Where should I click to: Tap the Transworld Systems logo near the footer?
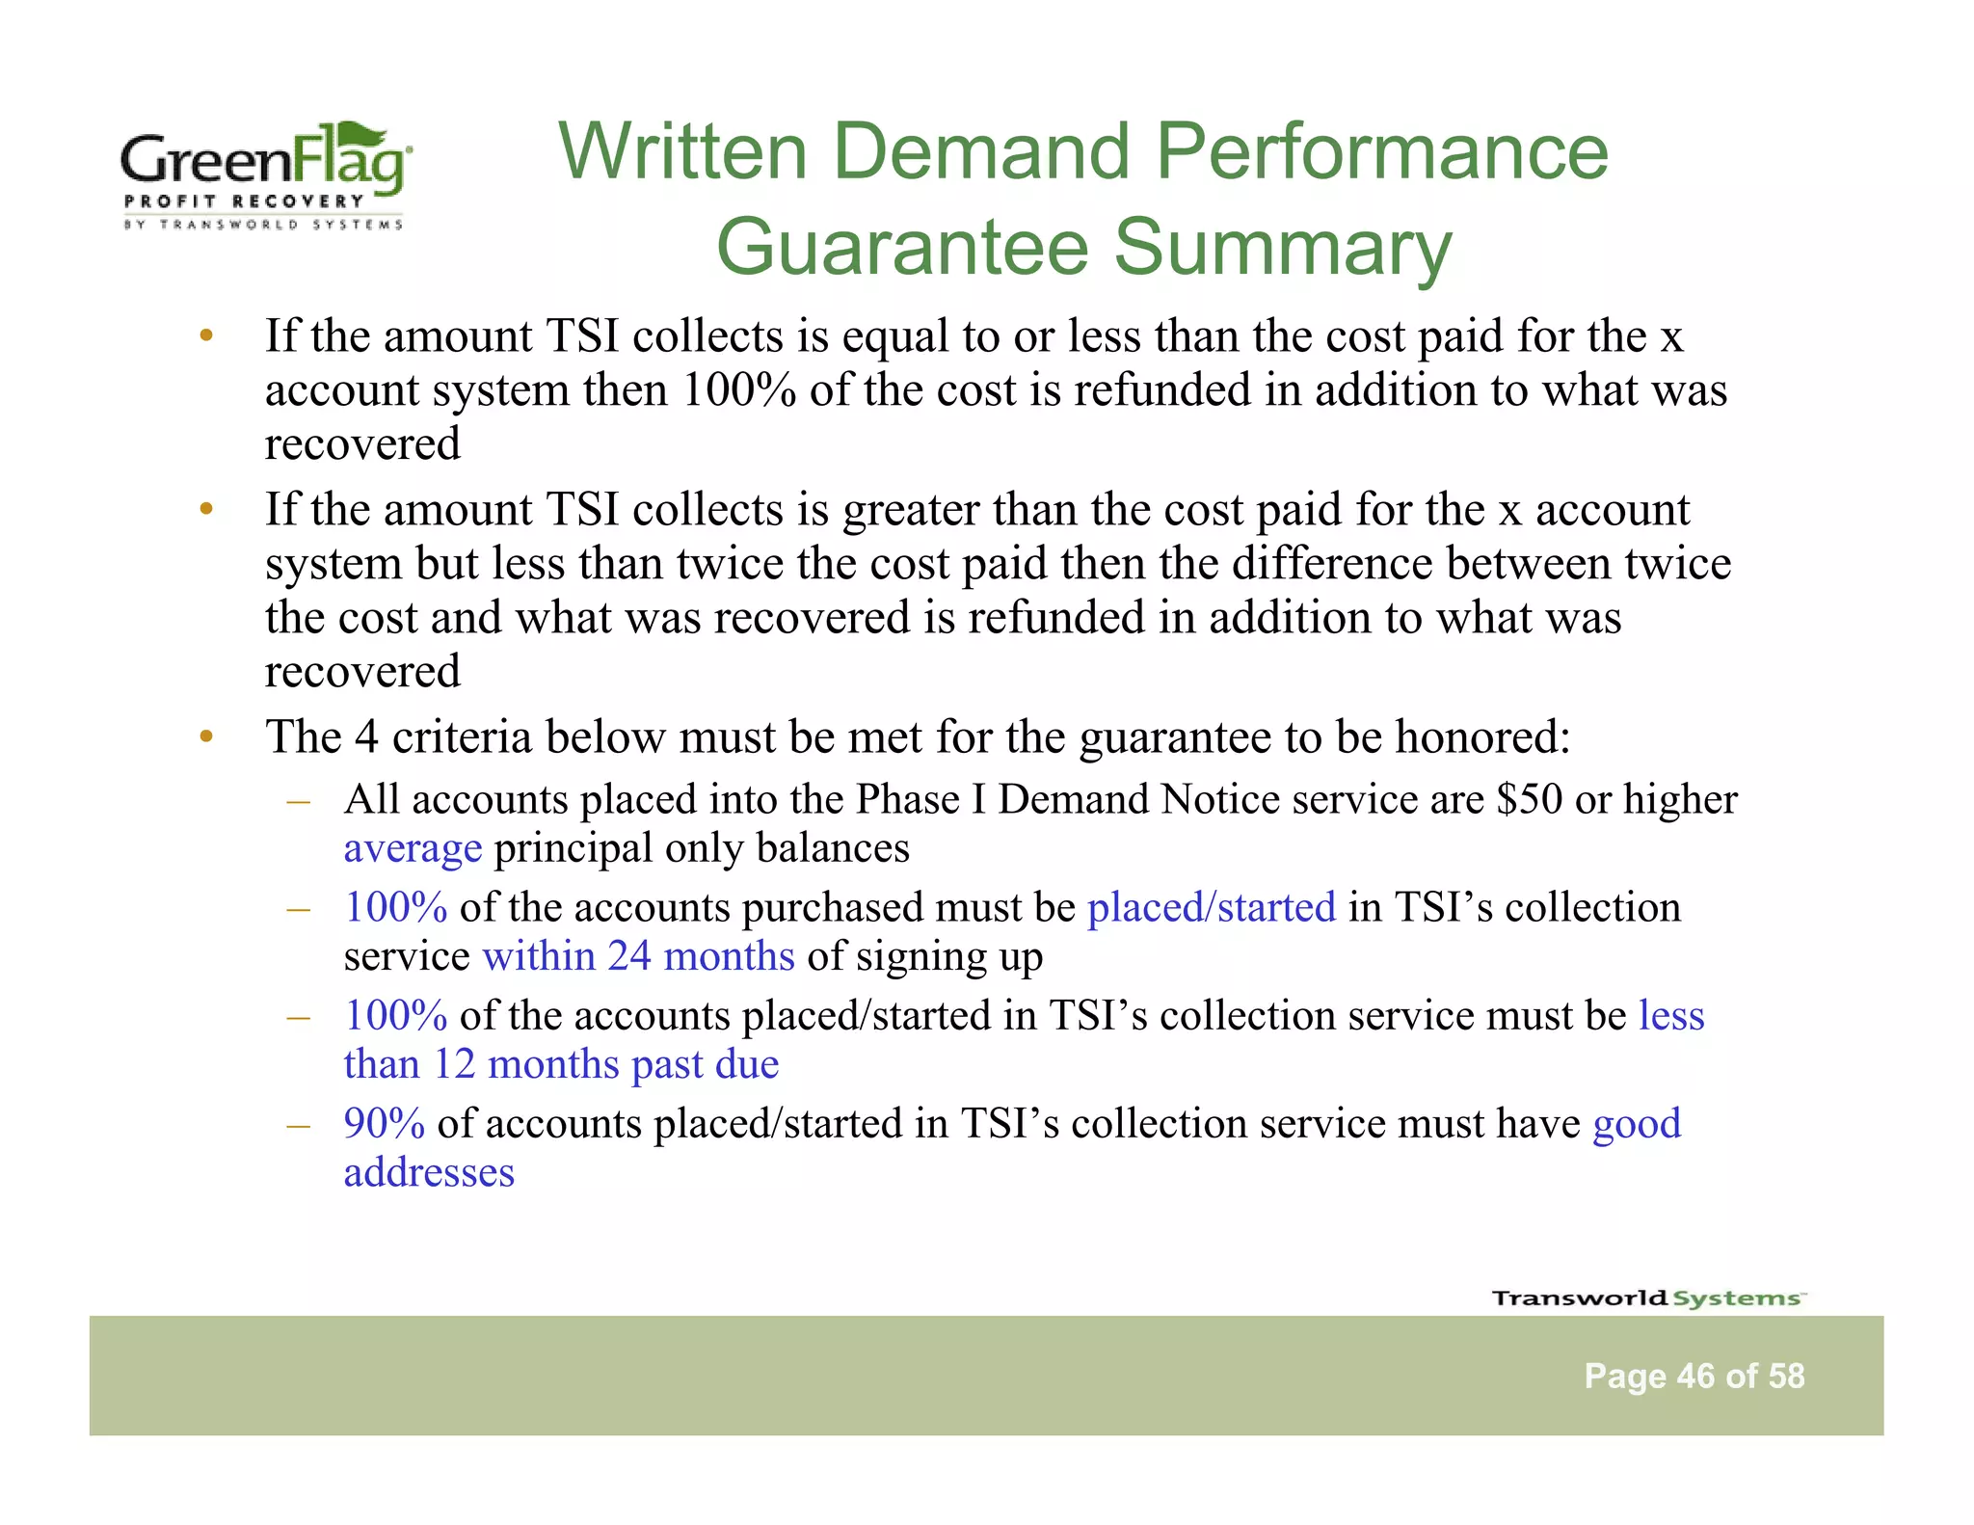[x=1648, y=1298]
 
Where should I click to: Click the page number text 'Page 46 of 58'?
[x=1694, y=1376]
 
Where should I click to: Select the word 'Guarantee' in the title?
[x=902, y=247]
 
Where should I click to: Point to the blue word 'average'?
[x=413, y=848]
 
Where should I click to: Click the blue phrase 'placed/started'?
[x=1212, y=907]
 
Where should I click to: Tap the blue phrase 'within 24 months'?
[x=638, y=956]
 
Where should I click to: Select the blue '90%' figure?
[x=384, y=1123]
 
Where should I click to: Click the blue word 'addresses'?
[x=429, y=1172]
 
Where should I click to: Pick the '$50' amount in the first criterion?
[x=1529, y=799]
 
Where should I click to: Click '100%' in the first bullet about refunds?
[x=738, y=390]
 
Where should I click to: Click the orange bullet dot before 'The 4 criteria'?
[x=205, y=738]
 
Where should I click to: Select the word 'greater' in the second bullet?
[x=911, y=510]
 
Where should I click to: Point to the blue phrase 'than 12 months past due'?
[x=561, y=1064]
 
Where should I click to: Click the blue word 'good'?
[x=1636, y=1123]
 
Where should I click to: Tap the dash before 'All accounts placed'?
[x=298, y=800]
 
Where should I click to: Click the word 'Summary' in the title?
[x=1282, y=247]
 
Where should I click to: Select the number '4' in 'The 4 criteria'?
[x=366, y=737]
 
